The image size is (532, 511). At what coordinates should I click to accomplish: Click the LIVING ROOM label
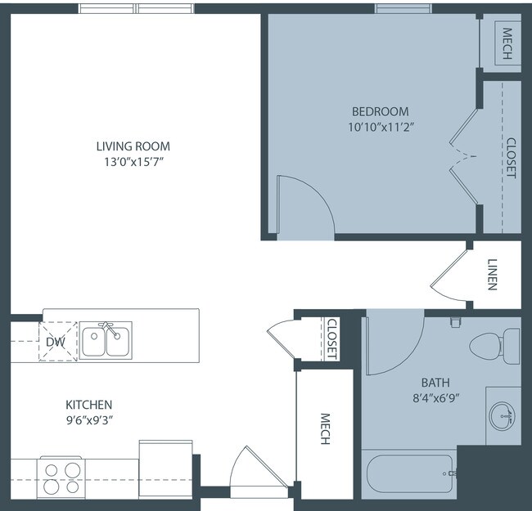[x=133, y=146]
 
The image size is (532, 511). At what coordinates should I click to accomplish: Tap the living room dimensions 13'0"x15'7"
[x=133, y=163]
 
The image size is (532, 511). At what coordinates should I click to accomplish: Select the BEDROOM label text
[x=380, y=111]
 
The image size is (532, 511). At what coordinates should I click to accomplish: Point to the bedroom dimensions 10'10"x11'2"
[x=381, y=128]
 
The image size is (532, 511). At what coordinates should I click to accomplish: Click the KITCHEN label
[x=89, y=405]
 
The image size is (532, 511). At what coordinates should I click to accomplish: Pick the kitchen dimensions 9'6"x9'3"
[x=89, y=420]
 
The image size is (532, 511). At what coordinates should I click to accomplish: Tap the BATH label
[x=435, y=383]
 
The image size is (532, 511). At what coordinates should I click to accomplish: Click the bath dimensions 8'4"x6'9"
[x=436, y=398]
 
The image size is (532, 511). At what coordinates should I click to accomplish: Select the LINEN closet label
[x=492, y=275]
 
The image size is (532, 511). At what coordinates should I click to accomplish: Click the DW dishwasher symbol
[x=57, y=342]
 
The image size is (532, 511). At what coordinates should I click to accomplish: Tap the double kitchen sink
[x=106, y=340]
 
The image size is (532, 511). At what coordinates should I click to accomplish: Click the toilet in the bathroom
[x=494, y=346]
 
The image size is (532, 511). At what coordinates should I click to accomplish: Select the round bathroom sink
[x=503, y=416]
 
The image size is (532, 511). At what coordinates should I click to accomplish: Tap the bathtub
[x=410, y=474]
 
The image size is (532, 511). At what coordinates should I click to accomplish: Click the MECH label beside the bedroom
[x=507, y=43]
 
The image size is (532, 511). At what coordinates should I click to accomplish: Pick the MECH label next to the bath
[x=325, y=428]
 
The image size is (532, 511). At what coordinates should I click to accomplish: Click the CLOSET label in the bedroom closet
[x=511, y=158]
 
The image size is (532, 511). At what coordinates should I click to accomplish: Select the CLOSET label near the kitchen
[x=331, y=338]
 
